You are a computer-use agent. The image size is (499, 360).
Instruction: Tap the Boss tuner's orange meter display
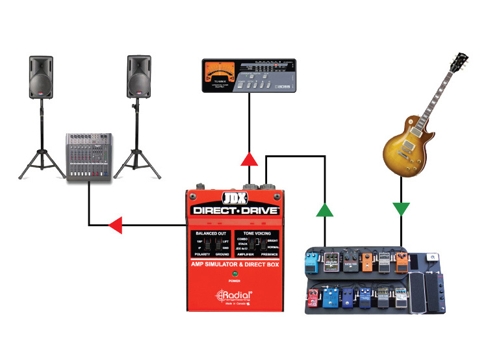click(x=218, y=73)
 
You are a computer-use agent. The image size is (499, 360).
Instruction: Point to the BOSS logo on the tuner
click(x=283, y=87)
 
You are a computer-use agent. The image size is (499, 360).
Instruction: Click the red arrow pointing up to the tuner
click(x=248, y=159)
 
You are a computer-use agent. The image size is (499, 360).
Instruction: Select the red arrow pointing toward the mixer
click(x=114, y=225)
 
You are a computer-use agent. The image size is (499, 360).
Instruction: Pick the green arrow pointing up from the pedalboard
click(x=324, y=209)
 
